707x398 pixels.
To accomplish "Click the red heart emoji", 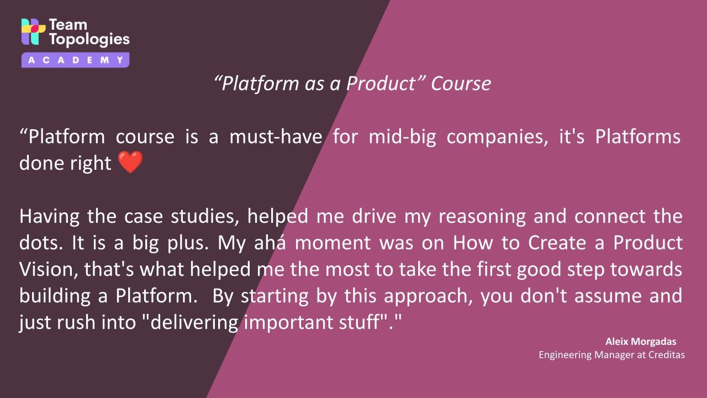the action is pyautogui.click(x=130, y=162).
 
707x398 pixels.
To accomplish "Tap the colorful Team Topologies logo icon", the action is pyautogui.click(x=33, y=32).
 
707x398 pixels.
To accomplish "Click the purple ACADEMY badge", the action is pyautogui.click(x=76, y=60).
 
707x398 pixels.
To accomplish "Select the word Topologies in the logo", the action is pyautogui.click(x=89, y=39).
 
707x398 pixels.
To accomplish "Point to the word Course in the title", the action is pyautogui.click(x=461, y=83).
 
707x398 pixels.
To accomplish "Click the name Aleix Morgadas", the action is pyautogui.click(x=641, y=342).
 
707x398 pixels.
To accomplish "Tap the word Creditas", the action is pyautogui.click(x=667, y=355).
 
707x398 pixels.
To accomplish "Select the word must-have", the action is pyautogui.click(x=276, y=137).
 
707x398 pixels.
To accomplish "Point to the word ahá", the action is pyautogui.click(x=270, y=243).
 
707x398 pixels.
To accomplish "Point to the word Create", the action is pyautogui.click(x=557, y=243).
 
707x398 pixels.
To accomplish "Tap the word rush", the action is pyautogui.click(x=76, y=322).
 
